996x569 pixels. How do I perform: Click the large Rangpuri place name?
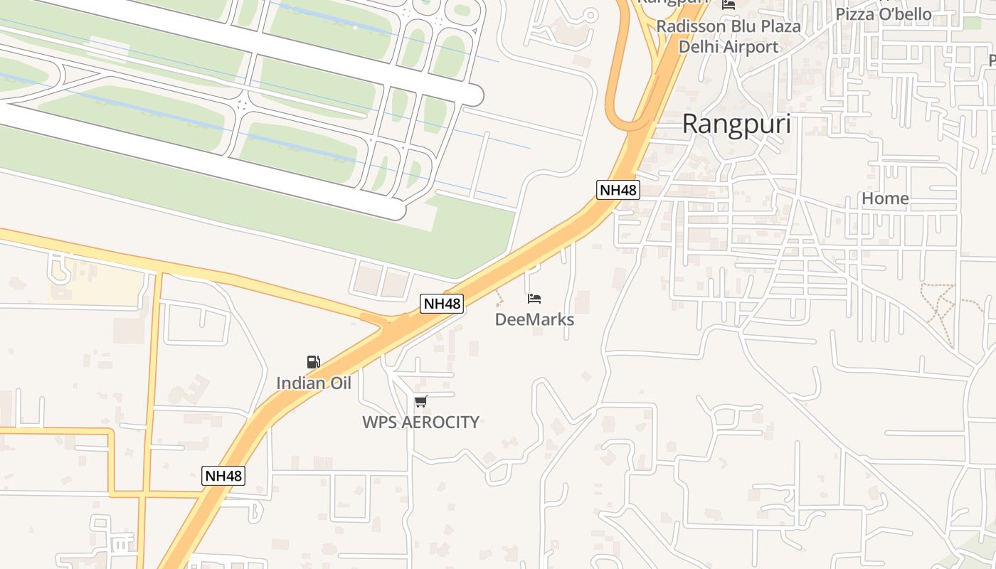736,124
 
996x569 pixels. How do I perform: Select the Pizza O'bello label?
883,14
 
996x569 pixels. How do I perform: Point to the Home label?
885,198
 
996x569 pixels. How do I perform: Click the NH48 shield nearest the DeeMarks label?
442,304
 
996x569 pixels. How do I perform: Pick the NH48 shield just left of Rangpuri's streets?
618,190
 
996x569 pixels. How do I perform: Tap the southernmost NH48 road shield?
223,476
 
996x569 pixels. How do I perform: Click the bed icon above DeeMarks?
534,299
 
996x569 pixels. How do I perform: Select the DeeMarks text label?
534,319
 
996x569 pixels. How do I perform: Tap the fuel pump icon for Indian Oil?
313,362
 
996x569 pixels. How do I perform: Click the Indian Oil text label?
314,383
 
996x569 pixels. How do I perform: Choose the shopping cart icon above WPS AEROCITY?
420,402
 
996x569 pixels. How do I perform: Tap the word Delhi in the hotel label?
699,47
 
